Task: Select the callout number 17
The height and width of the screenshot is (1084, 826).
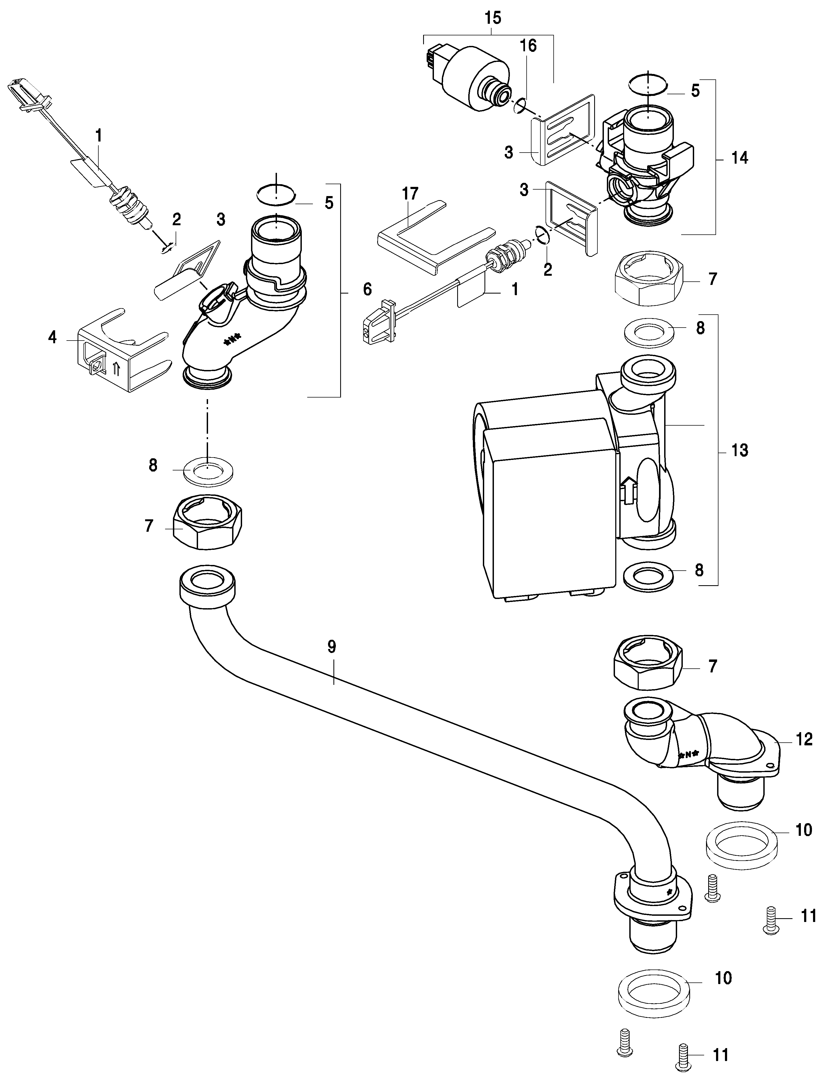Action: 410,194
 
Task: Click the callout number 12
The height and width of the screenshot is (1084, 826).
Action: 804,753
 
